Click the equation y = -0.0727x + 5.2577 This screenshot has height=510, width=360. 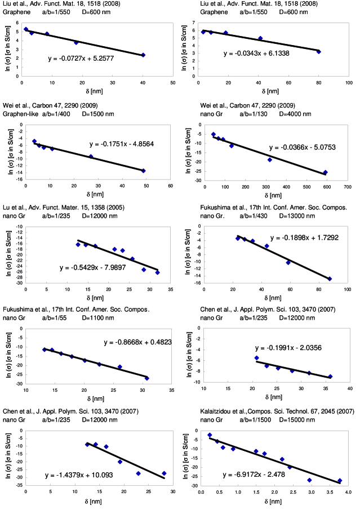tap(82, 57)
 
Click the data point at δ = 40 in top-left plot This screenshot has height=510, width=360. tap(143, 55)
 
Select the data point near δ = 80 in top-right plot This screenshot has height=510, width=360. tap(319, 52)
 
